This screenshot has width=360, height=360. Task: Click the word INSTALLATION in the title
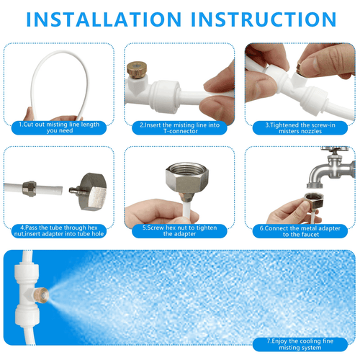point(104,19)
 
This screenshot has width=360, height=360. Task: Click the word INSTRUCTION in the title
point(264,19)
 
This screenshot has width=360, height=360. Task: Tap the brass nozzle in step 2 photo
point(137,70)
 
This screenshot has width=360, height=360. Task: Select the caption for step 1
point(59,127)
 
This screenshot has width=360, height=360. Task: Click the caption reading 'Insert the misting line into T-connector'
point(179,128)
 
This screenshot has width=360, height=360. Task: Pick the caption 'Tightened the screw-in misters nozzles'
point(300,128)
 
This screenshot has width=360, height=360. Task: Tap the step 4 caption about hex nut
point(59,231)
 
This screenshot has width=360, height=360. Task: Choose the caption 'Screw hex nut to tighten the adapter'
point(179,231)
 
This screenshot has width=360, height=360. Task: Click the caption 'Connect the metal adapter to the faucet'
point(300,231)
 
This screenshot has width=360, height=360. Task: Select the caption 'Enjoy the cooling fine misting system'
point(300,344)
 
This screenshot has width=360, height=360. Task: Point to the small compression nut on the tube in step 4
point(30,189)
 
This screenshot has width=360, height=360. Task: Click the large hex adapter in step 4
point(91,192)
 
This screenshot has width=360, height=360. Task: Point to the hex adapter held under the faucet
point(314,201)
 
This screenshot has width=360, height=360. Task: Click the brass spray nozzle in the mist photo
point(42,295)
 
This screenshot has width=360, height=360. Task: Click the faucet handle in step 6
point(335,149)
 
